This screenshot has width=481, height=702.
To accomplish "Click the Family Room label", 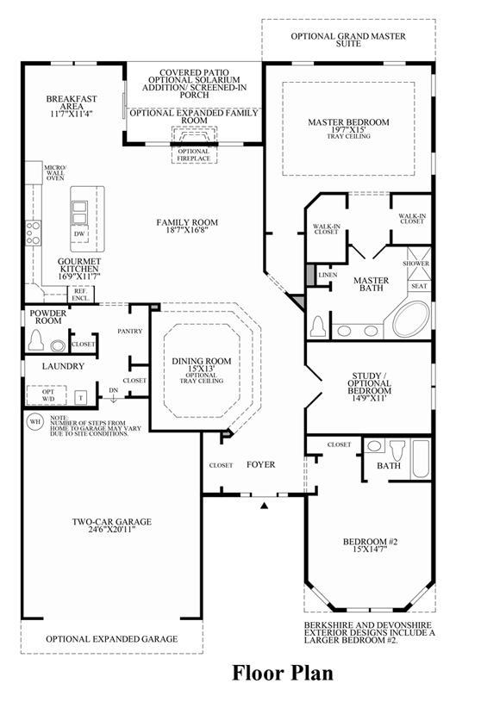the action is (187, 222).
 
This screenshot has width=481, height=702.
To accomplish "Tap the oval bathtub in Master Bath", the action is (411, 319).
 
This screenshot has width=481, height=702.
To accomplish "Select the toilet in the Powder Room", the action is (36, 340).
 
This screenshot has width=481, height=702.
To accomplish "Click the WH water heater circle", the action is (34, 422).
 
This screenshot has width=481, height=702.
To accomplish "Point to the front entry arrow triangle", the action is (265, 506).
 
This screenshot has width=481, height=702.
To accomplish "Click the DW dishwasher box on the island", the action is (79, 233).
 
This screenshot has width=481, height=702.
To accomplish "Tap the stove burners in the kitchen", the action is (33, 233).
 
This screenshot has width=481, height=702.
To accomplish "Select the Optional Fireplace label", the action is (193, 155).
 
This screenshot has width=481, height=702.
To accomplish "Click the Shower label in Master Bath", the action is (415, 264).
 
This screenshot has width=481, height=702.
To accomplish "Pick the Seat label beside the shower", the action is (419, 286).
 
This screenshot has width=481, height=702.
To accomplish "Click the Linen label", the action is (328, 275).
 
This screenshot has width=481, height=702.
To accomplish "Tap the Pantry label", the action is (130, 332).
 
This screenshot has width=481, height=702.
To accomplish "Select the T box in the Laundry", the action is (81, 398).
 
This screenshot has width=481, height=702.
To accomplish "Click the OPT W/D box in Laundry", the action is (48, 395).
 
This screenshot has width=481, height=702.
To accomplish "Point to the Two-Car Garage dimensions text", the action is (112, 530).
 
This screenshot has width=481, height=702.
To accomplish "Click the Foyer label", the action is (261, 465).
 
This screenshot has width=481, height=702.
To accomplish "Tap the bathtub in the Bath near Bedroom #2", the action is (420, 459).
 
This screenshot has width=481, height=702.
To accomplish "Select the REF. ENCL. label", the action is (81, 295).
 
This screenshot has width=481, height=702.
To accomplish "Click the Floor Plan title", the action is (283, 674).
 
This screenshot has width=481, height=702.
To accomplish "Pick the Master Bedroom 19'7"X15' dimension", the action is (348, 129).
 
